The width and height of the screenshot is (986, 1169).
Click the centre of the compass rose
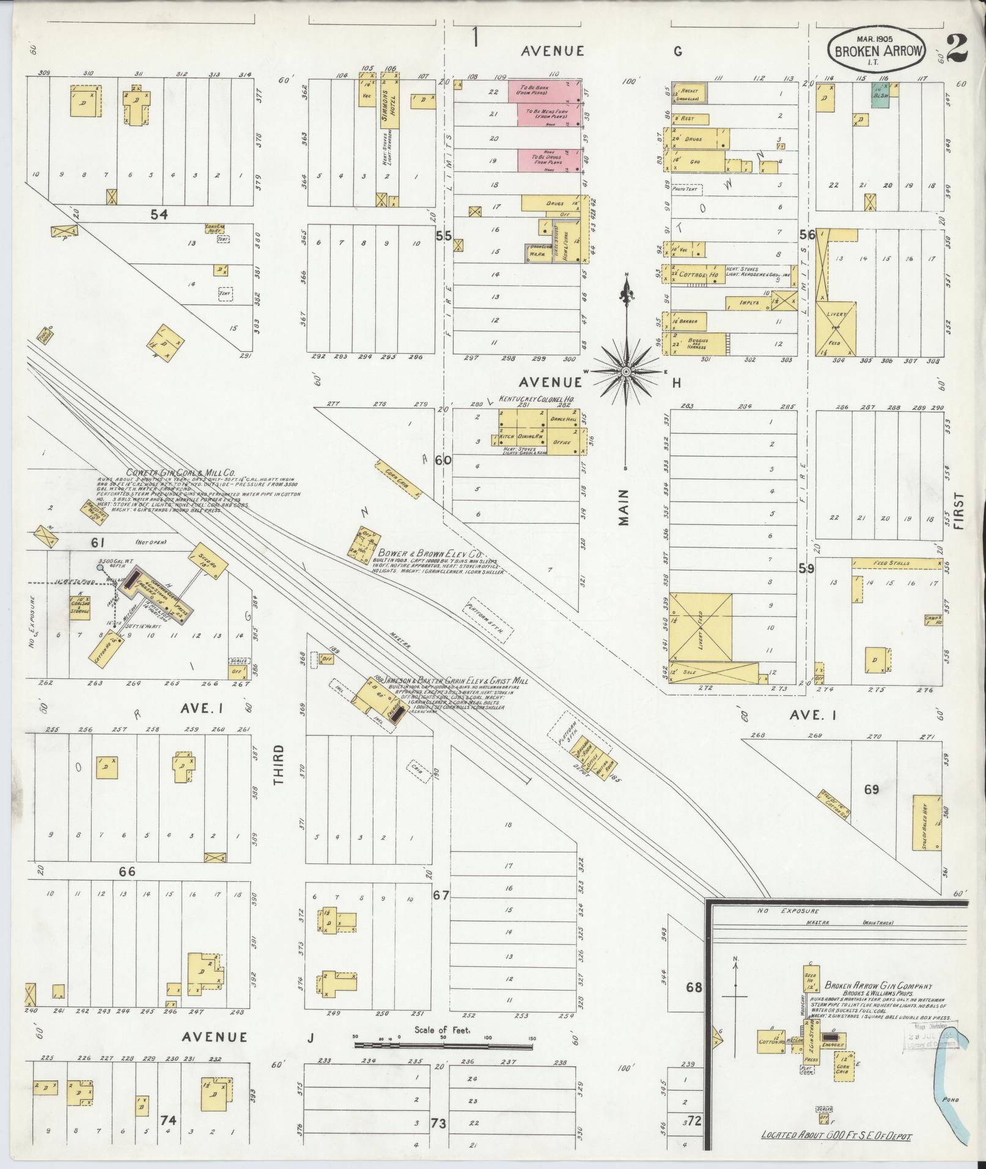pos(627,371)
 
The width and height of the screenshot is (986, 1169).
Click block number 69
pos(871,789)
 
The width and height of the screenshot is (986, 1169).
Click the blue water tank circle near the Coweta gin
pos(100,568)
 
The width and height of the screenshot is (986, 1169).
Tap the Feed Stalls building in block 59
pos(896,563)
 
